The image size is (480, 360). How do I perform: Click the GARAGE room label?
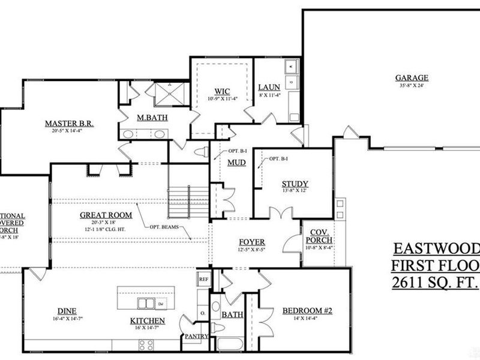pyautogui.click(x=411, y=77)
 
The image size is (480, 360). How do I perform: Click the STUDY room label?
pyautogui.click(x=295, y=184)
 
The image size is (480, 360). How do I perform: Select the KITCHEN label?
pyautogui.click(x=148, y=321)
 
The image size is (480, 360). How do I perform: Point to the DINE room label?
pyautogui.click(x=67, y=310)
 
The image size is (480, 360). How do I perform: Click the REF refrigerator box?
pyautogui.click(x=203, y=279)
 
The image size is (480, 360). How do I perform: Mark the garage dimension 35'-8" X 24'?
pyautogui.click(x=411, y=85)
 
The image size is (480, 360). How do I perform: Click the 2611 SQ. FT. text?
pyautogui.click(x=435, y=282)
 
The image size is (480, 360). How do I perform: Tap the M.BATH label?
pyautogui.click(x=147, y=116)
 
